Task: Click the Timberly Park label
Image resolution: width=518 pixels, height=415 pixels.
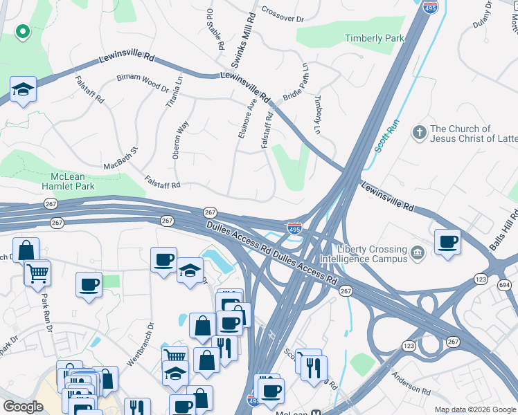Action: click(375, 39)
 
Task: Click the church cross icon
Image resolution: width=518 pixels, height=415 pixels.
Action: click(418, 132)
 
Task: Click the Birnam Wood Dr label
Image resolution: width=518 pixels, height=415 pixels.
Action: click(143, 83)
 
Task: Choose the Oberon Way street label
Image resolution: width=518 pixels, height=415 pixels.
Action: click(180, 140)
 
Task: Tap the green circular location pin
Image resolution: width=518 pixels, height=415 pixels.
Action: click(22, 31)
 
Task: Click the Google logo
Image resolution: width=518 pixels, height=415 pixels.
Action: click(23, 407)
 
